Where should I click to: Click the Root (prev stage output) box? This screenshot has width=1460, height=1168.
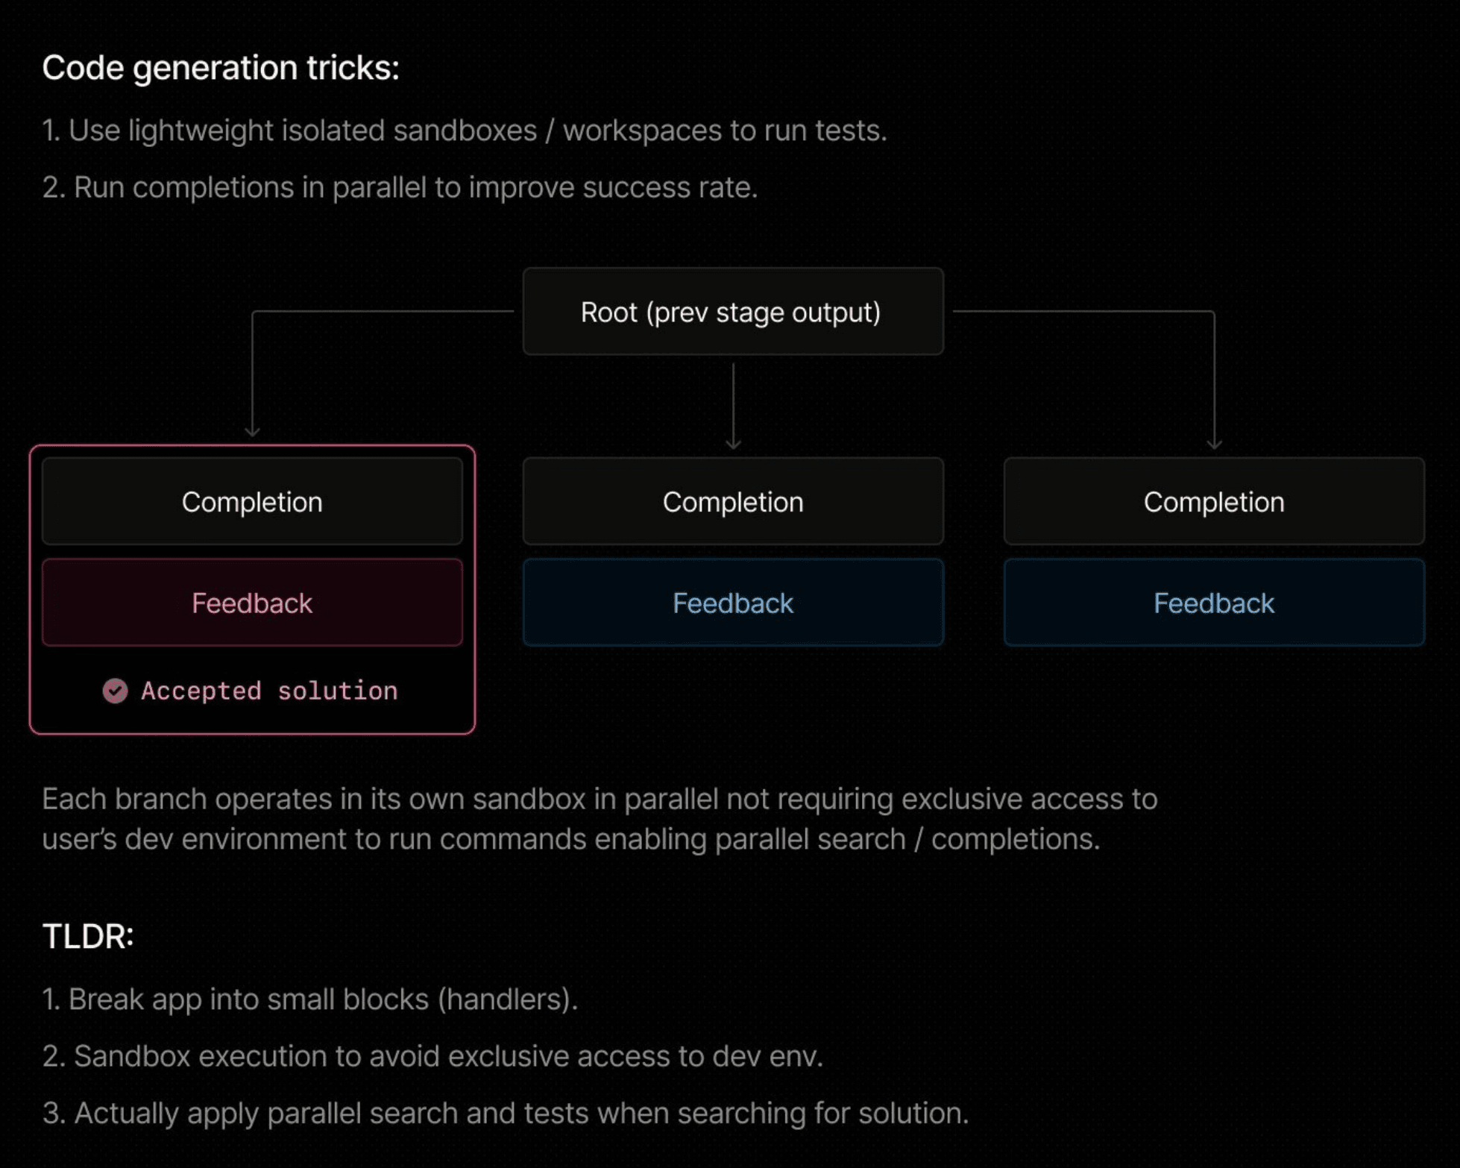732,312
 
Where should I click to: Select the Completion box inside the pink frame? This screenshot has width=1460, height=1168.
252,502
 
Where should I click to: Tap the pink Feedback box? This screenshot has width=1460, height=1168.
252,603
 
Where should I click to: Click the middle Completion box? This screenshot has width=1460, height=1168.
732,502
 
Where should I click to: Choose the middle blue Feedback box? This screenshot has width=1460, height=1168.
732,603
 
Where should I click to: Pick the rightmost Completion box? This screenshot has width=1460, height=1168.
1213,502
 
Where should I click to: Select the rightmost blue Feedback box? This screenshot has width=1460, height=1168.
1213,603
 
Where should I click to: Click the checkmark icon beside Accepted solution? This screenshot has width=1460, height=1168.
115,691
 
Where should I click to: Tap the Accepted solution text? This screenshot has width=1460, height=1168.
269,691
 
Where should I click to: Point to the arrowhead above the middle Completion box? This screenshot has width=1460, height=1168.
733,445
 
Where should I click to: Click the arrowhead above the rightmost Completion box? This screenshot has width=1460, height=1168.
1214,445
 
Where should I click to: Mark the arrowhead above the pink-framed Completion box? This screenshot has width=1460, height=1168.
253,432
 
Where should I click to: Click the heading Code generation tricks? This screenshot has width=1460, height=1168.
221,68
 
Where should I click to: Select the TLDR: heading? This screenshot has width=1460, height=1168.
88,936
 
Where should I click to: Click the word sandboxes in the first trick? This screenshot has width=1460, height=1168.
465,131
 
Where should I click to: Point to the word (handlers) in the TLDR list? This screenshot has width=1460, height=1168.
507,999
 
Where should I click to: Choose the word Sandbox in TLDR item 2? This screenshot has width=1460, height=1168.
132,1056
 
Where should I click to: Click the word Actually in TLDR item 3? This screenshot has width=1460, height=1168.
126,1113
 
